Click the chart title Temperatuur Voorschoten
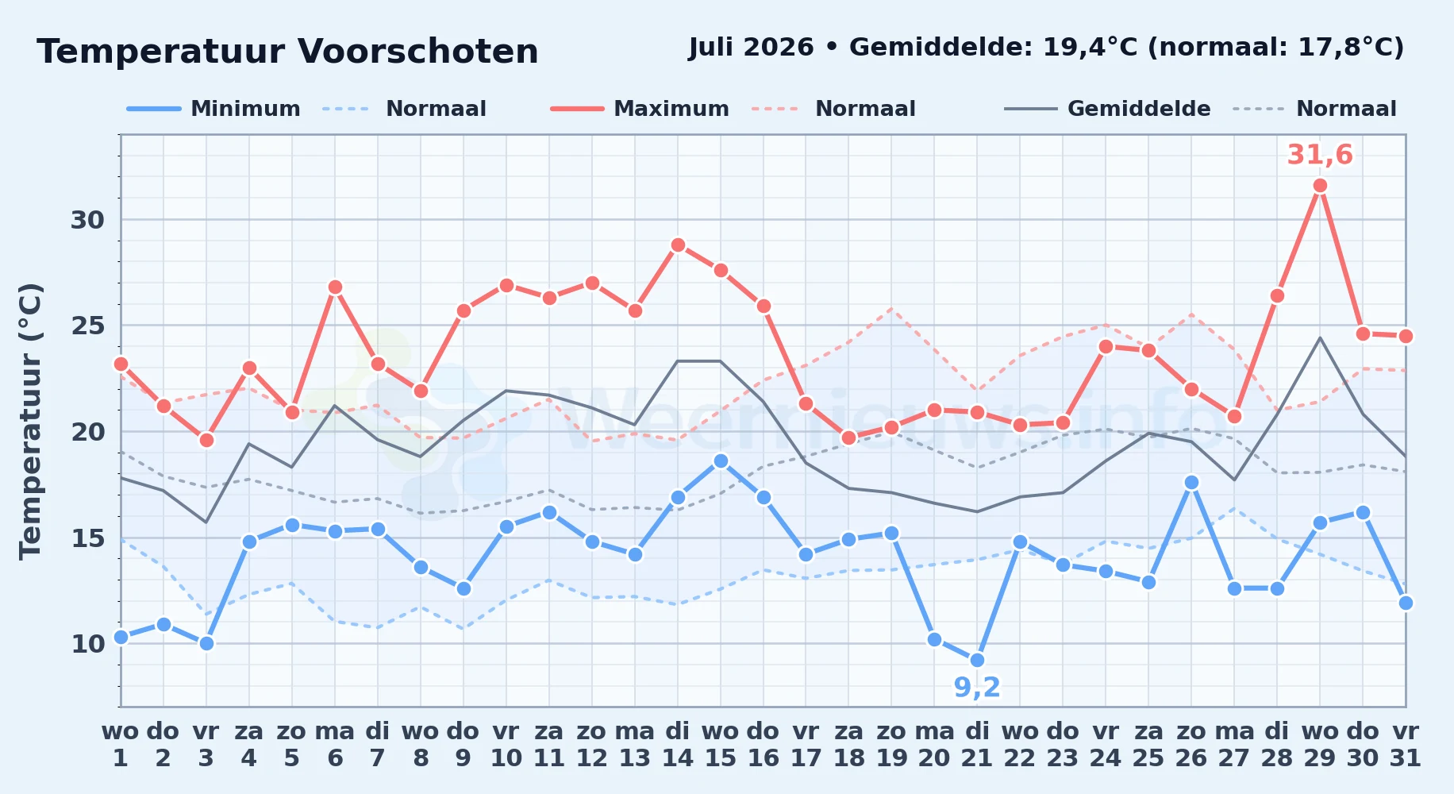287,52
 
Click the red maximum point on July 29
1320,186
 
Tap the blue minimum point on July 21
977,660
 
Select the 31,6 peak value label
1320,155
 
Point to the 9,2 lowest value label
977,688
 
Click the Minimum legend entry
213,109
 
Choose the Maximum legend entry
640,109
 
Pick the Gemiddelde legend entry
1108,109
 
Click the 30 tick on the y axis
88,220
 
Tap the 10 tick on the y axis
88,644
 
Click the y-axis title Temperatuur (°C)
31,421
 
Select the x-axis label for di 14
677,745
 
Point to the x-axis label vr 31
1406,745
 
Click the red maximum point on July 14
677,245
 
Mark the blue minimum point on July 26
1191,482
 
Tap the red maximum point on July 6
335,287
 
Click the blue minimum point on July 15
720,461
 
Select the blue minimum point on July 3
206,643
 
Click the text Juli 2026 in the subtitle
751,48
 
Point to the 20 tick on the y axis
88,432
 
